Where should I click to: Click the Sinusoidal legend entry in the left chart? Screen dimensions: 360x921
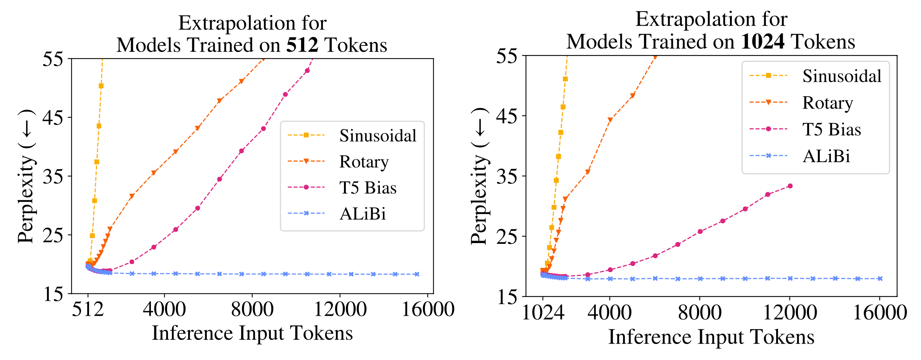(x=378, y=136)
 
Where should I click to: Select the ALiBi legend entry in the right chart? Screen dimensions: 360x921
(x=826, y=156)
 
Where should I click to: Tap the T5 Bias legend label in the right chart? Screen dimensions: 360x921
(x=832, y=129)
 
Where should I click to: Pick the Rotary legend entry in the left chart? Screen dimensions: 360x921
(x=364, y=162)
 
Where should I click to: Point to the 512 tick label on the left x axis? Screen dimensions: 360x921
(x=88, y=309)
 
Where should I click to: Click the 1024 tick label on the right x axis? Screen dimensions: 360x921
(x=543, y=312)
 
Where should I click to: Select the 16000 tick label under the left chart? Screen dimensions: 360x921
(x=428, y=309)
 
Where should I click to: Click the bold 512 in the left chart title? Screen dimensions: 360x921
(x=302, y=45)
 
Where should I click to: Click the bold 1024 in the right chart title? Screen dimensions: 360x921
(x=763, y=42)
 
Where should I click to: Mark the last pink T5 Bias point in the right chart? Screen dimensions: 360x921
(x=790, y=186)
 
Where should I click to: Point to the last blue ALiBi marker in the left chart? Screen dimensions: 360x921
(x=417, y=274)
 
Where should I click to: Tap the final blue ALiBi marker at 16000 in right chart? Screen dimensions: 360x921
(x=880, y=279)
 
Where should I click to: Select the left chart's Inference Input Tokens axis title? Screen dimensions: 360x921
(x=252, y=333)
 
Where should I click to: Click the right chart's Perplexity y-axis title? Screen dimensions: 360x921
(x=479, y=176)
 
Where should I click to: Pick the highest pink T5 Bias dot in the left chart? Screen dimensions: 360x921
(x=307, y=71)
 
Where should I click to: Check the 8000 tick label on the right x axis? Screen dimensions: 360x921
(x=700, y=312)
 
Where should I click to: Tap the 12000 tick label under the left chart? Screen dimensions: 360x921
(x=340, y=309)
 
